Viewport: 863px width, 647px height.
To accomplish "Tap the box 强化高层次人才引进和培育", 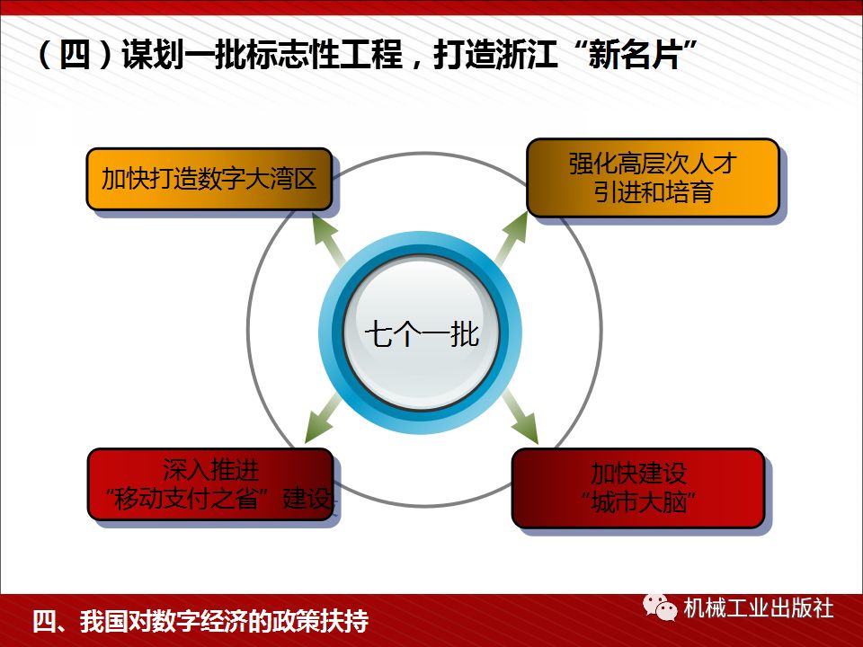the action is (x=652, y=177).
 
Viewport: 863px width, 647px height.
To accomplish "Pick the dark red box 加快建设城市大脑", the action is (x=638, y=487).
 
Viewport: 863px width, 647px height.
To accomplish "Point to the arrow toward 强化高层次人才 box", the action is (x=513, y=239).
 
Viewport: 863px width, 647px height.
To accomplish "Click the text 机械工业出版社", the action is (x=758, y=608).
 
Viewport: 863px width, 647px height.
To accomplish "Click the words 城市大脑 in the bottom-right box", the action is (x=640, y=501).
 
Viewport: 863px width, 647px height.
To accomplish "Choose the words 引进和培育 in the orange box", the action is (x=653, y=191).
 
